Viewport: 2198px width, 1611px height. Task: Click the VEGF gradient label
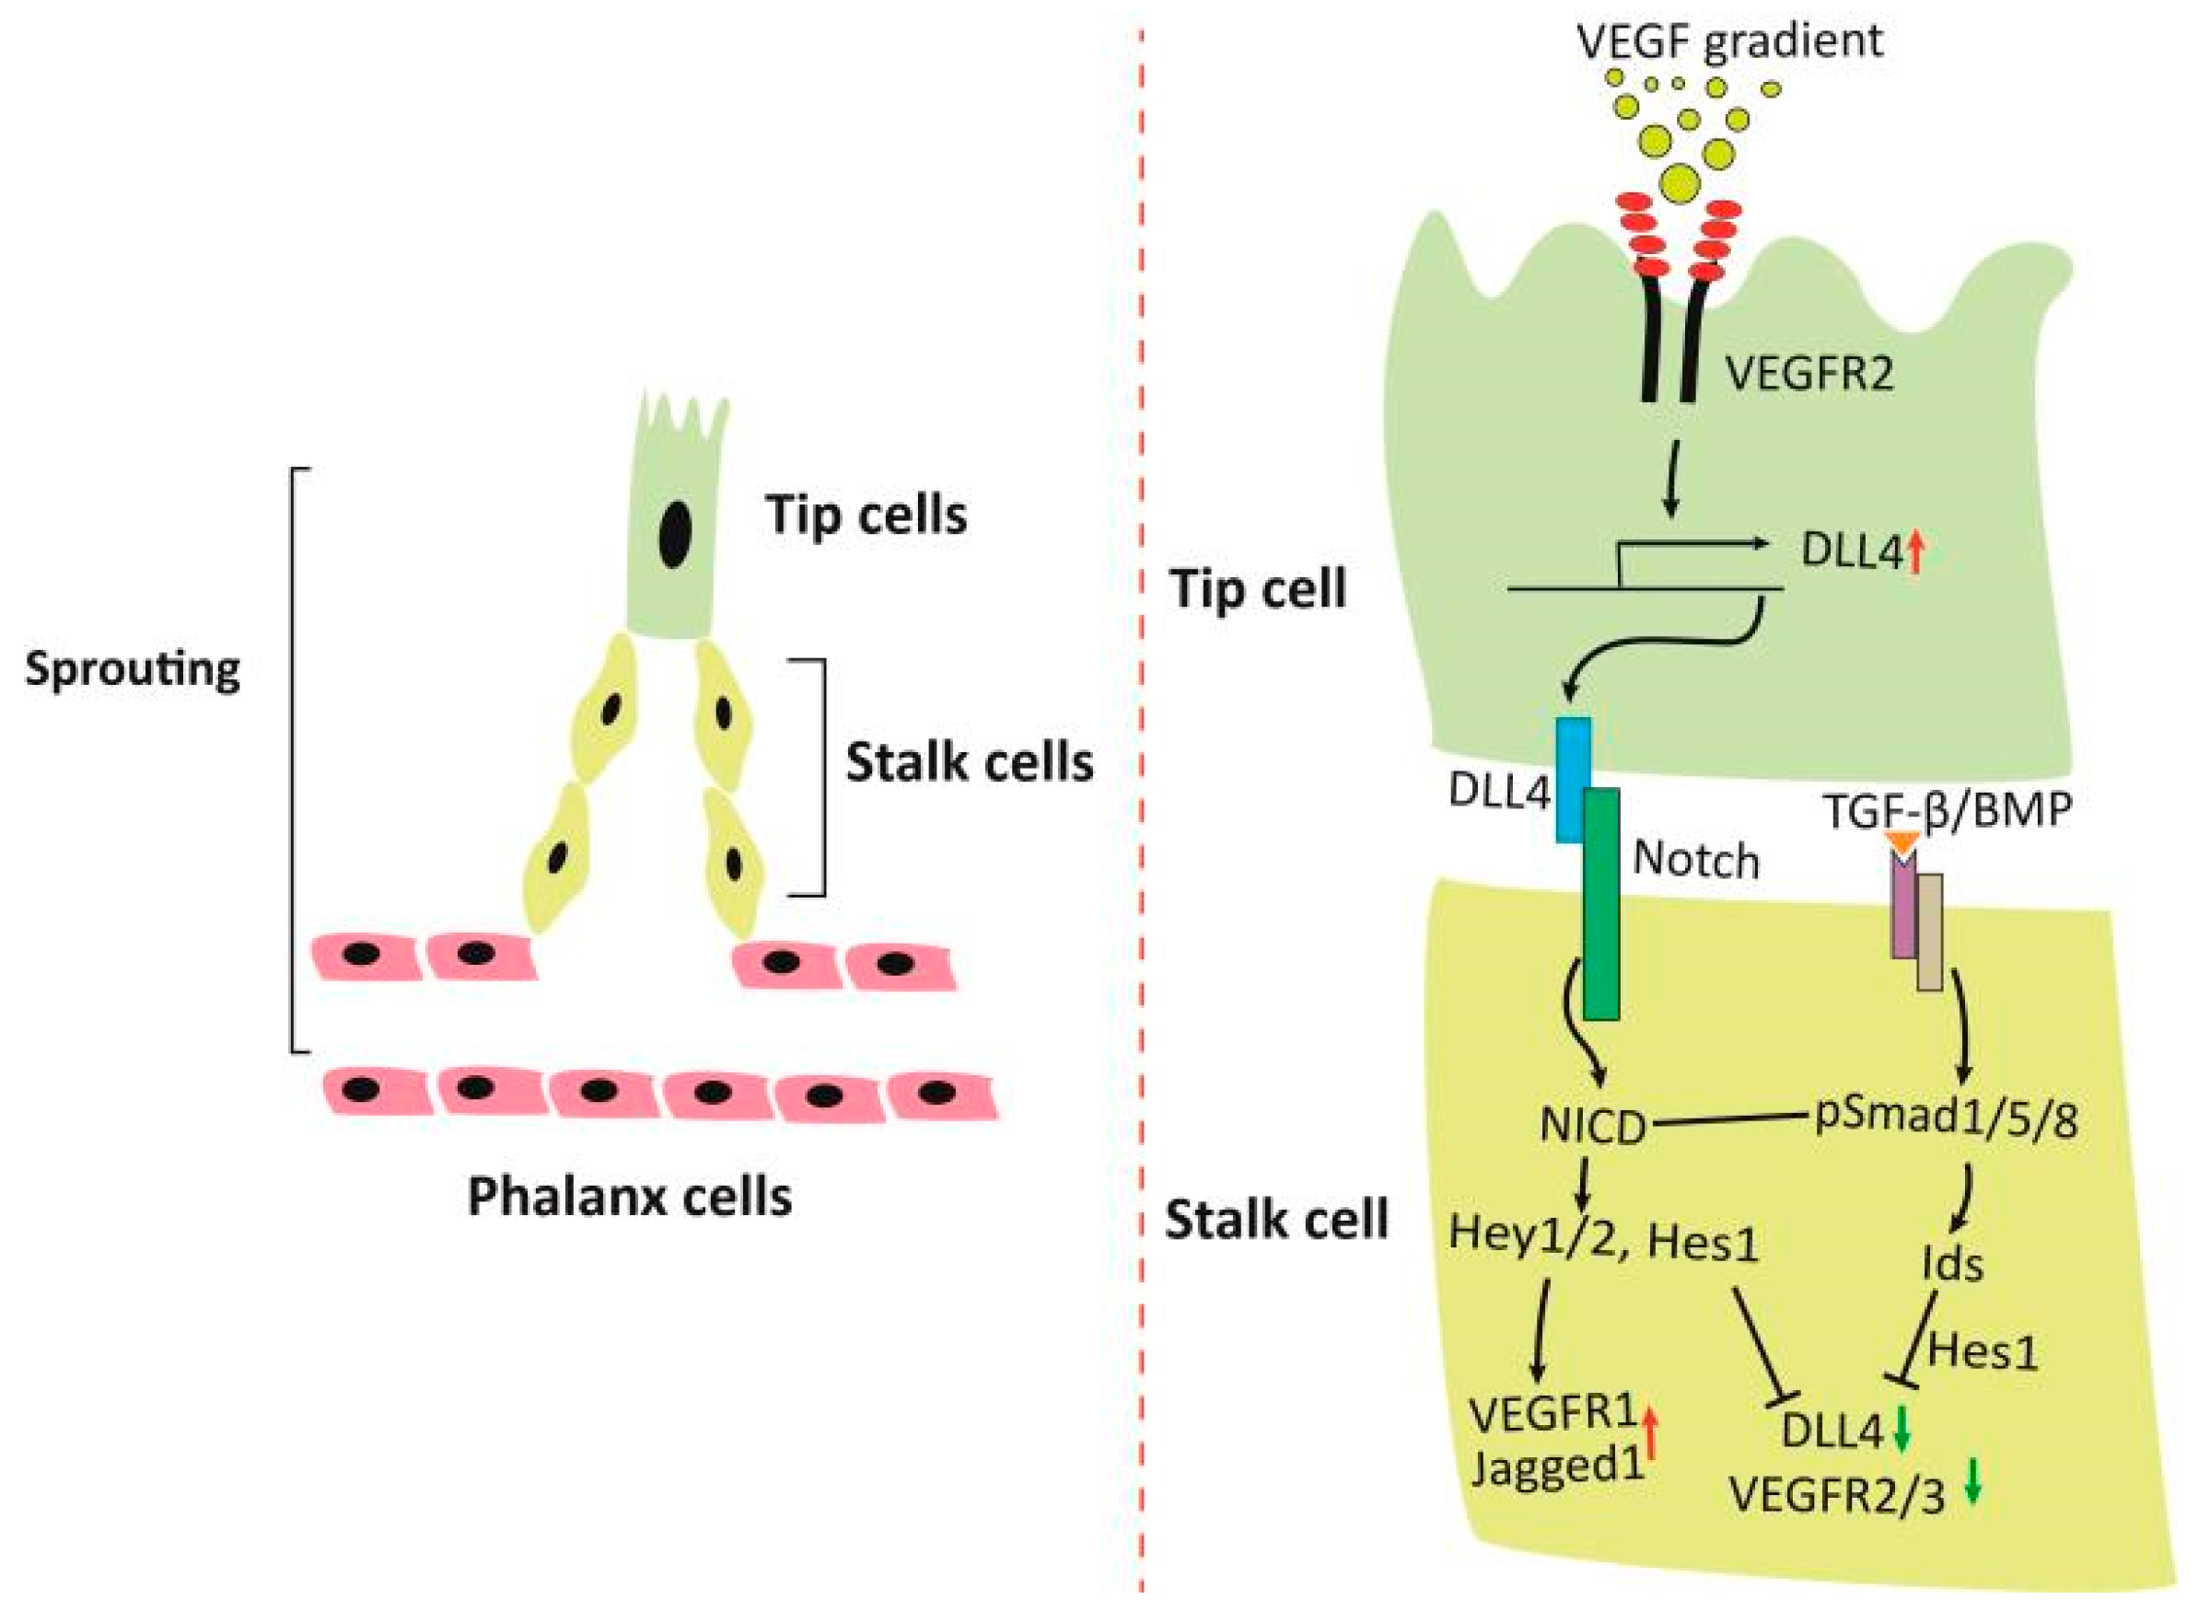1729,41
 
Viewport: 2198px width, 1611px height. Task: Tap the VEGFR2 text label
1808,375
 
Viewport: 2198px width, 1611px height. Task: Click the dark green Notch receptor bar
1601,907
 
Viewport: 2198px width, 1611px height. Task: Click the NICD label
1592,1128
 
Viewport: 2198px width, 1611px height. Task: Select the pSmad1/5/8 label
1946,1119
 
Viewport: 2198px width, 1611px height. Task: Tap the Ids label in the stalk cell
1952,1265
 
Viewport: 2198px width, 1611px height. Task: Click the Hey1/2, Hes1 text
1603,1239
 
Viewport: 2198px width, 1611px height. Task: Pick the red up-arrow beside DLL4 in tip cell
1914,552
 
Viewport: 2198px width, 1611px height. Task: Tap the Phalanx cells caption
629,1197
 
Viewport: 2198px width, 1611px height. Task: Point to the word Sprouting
133,670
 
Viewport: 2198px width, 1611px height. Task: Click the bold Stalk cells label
969,762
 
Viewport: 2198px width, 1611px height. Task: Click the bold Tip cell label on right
1258,589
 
